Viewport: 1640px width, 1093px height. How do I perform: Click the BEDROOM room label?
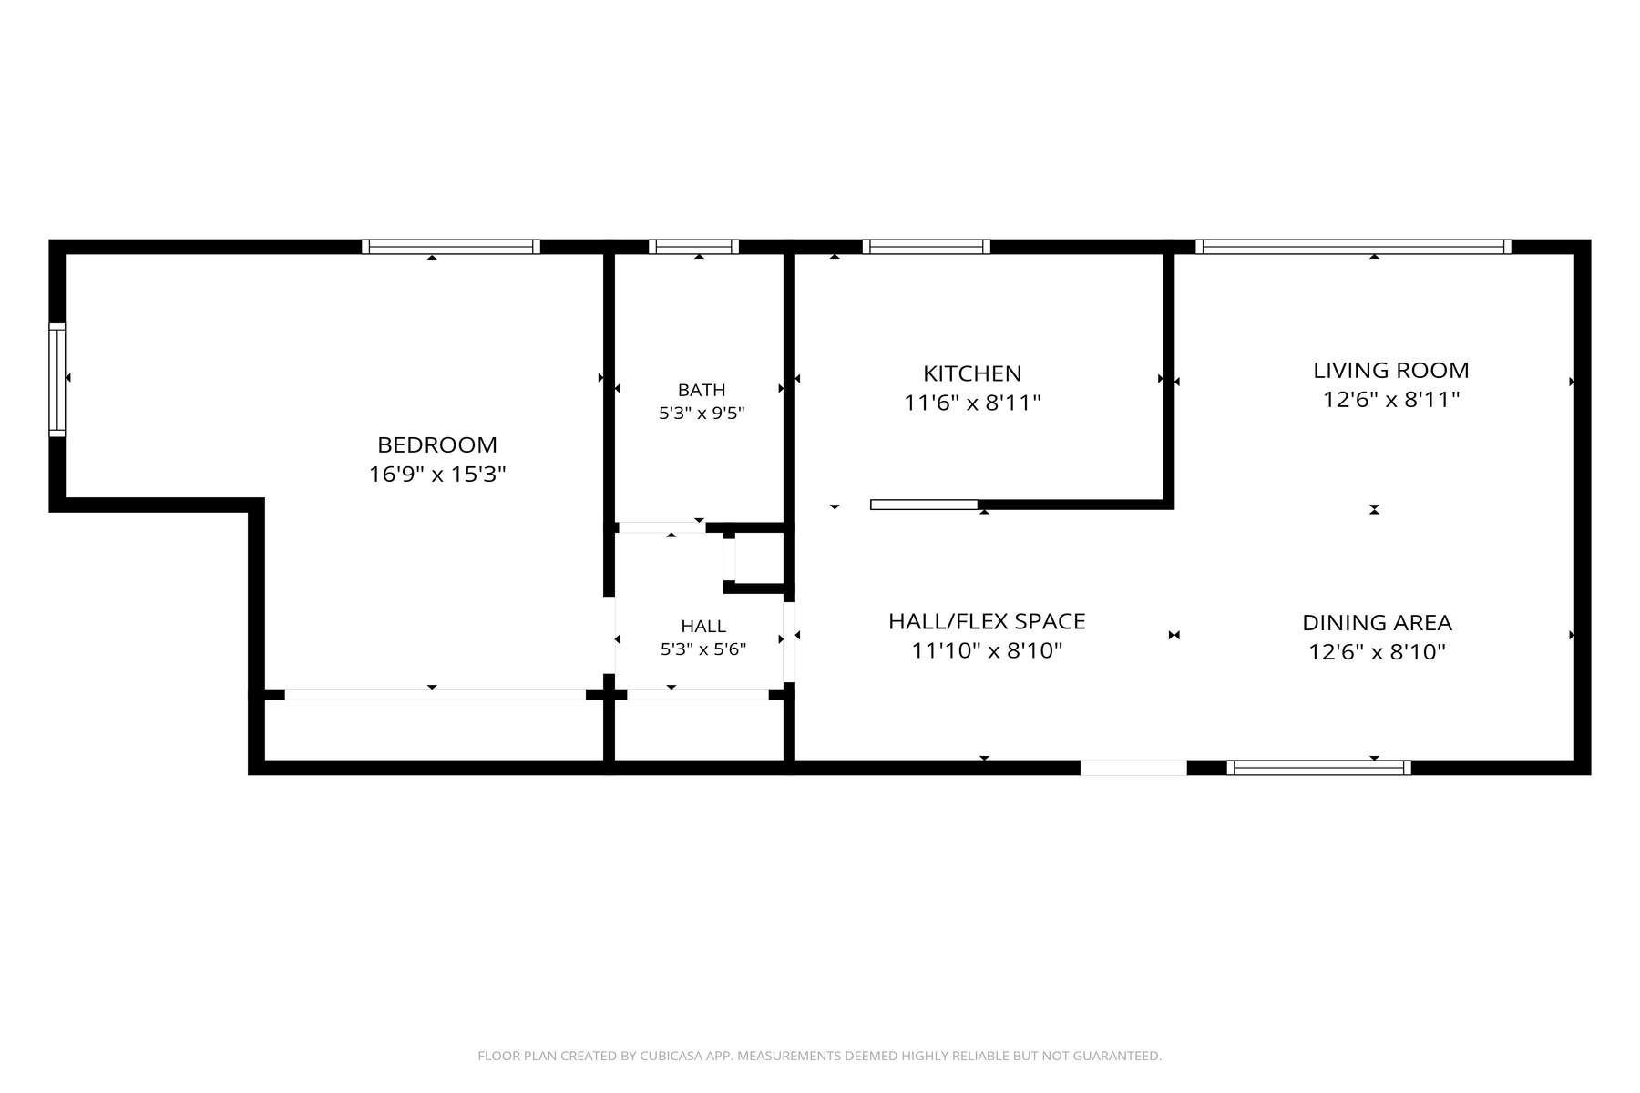click(x=437, y=445)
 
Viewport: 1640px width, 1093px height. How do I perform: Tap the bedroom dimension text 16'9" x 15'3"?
click(x=437, y=475)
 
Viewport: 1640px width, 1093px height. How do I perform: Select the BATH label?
click(x=702, y=391)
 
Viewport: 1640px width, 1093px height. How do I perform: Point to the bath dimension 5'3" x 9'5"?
click(x=702, y=413)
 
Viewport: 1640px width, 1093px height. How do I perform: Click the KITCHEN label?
click(x=972, y=373)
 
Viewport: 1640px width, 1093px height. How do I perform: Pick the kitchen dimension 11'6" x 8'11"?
click(x=972, y=403)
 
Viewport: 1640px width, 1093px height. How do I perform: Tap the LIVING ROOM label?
click(x=1391, y=371)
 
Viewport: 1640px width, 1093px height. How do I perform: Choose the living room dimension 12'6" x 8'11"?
click(x=1391, y=400)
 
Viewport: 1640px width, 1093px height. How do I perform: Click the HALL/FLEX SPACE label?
click(x=987, y=622)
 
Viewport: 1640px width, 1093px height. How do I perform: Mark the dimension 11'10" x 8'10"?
click(x=987, y=651)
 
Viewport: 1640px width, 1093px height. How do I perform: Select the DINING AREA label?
click(x=1377, y=623)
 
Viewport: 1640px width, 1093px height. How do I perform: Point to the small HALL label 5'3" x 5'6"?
click(x=703, y=638)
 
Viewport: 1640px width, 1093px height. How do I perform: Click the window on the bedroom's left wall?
click(x=57, y=380)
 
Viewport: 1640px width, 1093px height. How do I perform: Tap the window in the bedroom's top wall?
click(x=451, y=247)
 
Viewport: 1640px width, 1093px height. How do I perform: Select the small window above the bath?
click(x=693, y=247)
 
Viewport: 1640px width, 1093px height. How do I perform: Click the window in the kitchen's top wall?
click(x=926, y=247)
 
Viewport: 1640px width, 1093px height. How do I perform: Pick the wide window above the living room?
click(x=1353, y=247)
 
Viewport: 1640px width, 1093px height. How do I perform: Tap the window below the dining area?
click(x=1318, y=768)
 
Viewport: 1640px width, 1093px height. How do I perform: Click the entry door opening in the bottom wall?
click(x=1133, y=768)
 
